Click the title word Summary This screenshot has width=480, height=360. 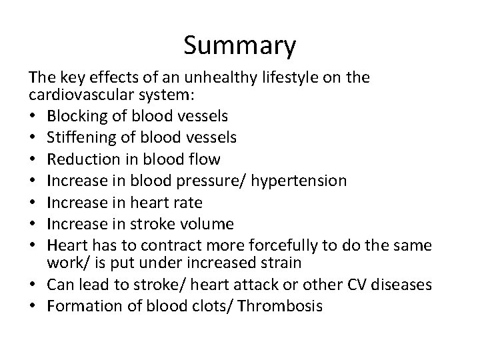239,45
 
